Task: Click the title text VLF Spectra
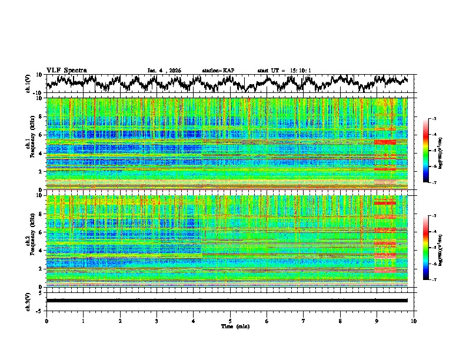pos(66,70)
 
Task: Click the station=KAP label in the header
pos(218,71)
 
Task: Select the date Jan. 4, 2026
pos(164,71)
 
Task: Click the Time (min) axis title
pos(235,326)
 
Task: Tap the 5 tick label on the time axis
pos(230,321)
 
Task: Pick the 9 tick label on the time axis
pos(377,321)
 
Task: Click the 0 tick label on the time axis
pos(46,321)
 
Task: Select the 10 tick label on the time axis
pos(414,321)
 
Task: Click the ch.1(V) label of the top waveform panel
pos(28,84)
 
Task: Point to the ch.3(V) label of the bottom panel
pos(28,300)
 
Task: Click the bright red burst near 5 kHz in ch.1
pos(385,142)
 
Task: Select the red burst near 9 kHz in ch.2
pos(385,202)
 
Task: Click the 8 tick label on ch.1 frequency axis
pos(40,116)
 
